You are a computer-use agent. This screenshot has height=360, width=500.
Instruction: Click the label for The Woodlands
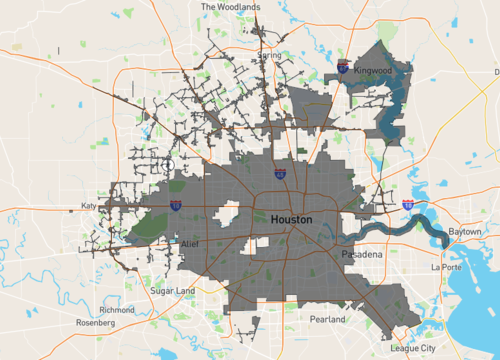[x=230, y=6]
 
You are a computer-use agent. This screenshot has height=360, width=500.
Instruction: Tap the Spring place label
[x=269, y=55]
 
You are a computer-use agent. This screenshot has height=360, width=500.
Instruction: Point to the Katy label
[x=88, y=207]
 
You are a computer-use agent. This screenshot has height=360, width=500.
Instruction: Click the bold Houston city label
[x=290, y=219]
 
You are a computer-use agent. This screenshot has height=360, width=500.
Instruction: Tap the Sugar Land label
[x=171, y=290]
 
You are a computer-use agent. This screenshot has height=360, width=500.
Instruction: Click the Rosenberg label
[x=96, y=323]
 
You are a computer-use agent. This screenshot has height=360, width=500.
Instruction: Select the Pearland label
[x=326, y=319]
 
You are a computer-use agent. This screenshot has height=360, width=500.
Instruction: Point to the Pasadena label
[x=361, y=256]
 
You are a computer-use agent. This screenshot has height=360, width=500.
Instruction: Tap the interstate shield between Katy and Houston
[x=176, y=205]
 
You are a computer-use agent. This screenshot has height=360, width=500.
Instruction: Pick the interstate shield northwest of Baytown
[x=408, y=204]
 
